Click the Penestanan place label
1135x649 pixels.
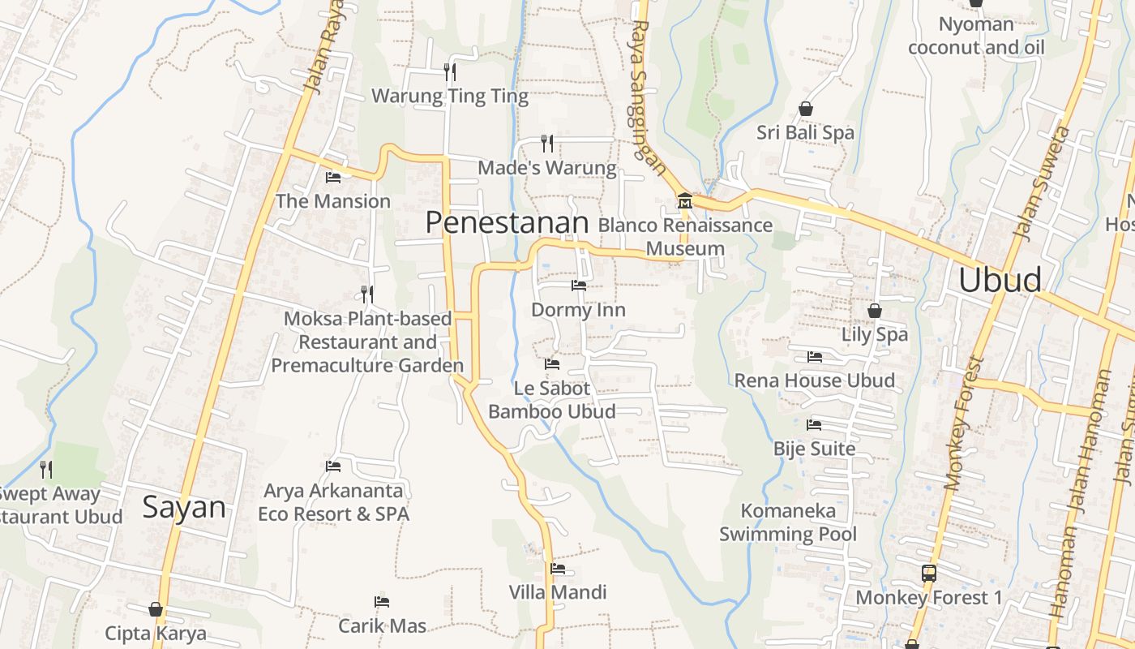tap(507, 223)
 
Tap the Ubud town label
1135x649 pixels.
tap(1000, 280)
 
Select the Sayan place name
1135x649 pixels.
tap(184, 508)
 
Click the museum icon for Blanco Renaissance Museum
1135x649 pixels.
tap(684, 200)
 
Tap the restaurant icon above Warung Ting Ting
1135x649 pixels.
tap(450, 71)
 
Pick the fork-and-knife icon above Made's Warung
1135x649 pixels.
tap(547, 144)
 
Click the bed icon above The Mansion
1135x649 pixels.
tap(332, 178)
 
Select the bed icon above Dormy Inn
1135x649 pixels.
tap(578, 286)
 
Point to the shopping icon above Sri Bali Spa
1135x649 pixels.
tap(805, 109)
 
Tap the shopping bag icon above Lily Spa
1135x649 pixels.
tap(874, 311)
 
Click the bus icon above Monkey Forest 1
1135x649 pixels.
tap(929, 574)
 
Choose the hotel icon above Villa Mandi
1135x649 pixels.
tap(557, 569)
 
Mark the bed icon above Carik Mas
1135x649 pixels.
tap(382, 602)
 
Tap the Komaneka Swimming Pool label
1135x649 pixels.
tap(788, 522)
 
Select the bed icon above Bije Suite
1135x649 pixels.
tap(814, 425)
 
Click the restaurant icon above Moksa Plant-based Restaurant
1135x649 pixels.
tap(367, 294)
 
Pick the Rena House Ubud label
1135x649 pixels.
tap(814, 380)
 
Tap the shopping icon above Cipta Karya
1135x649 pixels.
tap(156, 609)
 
